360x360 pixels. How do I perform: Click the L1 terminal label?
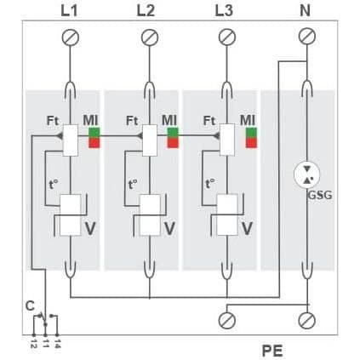coord(69,11)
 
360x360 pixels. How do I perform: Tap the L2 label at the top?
coord(146,11)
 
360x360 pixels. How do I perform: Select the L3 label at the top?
coord(224,11)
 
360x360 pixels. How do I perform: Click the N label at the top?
coord(305,11)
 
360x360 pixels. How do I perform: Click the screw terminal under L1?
coord(71,37)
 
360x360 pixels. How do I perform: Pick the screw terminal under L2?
coord(150,37)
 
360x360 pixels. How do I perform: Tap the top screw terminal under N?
coord(307,37)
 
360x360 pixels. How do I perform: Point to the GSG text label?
coord(320,196)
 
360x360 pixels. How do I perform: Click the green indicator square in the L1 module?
coord(94,133)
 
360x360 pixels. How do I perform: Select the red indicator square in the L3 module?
coord(251,143)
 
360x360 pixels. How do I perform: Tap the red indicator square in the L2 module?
coord(173,143)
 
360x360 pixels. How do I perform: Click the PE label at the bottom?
coord(272,351)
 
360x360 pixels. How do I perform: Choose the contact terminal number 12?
coord(34,343)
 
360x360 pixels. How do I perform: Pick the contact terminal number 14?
coord(57,343)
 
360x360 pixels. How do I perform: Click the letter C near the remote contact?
coord(30,306)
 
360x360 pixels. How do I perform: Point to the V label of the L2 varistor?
coord(169,229)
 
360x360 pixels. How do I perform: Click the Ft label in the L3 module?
coord(209,121)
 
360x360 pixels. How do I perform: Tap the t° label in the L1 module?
coord(54,185)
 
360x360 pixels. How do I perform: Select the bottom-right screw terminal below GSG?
coord(307,321)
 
